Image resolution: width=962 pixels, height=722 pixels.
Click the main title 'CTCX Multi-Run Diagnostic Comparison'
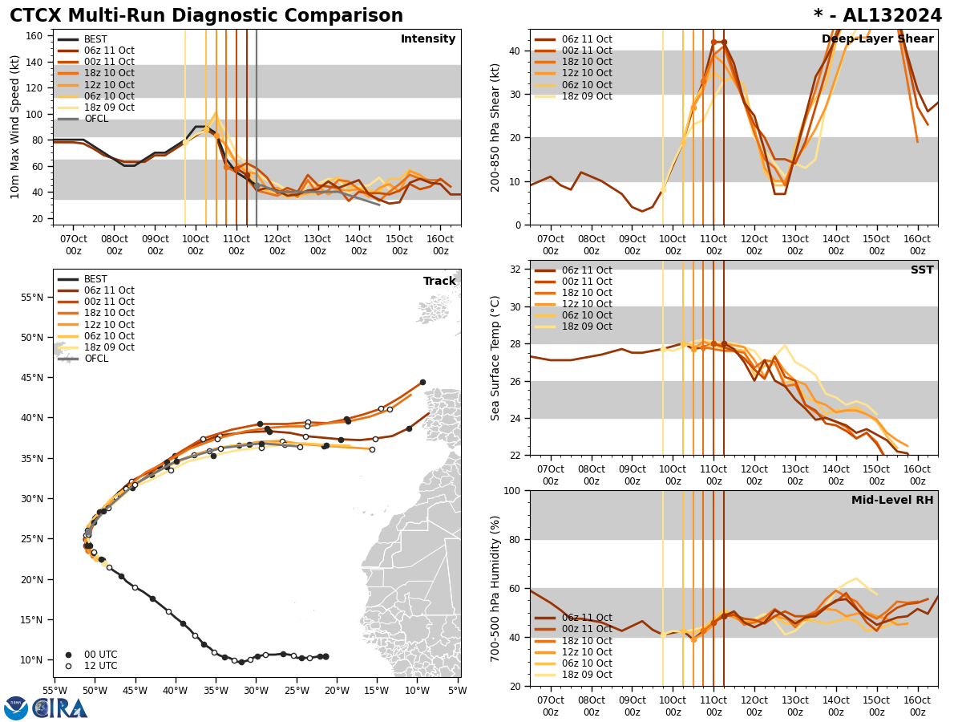click(x=206, y=16)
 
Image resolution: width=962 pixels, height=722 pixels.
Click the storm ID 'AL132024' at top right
click(x=899, y=16)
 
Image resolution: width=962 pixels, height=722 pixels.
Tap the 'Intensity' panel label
click(x=428, y=39)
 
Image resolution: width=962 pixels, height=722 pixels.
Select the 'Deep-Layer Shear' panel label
click(x=877, y=39)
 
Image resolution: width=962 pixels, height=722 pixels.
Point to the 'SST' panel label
click(x=922, y=270)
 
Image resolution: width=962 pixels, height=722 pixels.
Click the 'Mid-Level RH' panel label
click(x=892, y=501)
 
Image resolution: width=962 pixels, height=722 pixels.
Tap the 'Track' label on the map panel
click(x=439, y=282)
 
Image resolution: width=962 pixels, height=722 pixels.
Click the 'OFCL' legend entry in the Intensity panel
click(x=96, y=119)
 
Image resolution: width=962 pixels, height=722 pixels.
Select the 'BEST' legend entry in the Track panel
click(x=95, y=279)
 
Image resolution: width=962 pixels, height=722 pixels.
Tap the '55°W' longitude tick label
click(x=55, y=690)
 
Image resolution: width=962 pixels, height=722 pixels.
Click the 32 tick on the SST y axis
click(x=515, y=270)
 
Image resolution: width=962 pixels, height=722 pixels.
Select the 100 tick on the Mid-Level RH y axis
click(x=511, y=490)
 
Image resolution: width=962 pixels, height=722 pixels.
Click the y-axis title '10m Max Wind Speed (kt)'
click(x=15, y=127)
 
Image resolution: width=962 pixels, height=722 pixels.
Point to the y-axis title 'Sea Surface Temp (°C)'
click(x=495, y=358)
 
